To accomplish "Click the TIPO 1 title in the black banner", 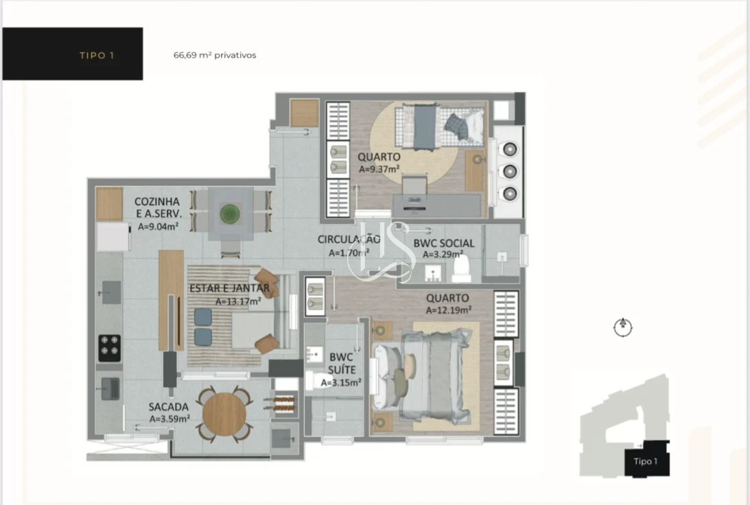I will [x=97, y=56].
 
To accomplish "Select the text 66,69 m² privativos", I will [x=215, y=56].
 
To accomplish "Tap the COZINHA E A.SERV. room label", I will [x=157, y=207].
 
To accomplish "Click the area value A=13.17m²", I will [x=238, y=301].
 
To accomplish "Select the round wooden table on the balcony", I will [x=224, y=413].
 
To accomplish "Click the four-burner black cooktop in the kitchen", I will [x=110, y=348].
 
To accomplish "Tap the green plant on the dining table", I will [x=230, y=214].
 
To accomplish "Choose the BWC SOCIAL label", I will [x=443, y=244].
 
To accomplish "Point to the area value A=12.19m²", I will [x=448, y=310].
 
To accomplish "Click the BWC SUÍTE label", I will [x=341, y=364].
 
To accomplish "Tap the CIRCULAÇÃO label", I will [x=349, y=239].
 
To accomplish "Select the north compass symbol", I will [x=622, y=327].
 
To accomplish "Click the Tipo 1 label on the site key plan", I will [x=646, y=461].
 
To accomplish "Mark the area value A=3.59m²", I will [x=169, y=419].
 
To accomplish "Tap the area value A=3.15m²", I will [x=341, y=383].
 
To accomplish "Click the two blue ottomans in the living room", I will [x=203, y=327].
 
